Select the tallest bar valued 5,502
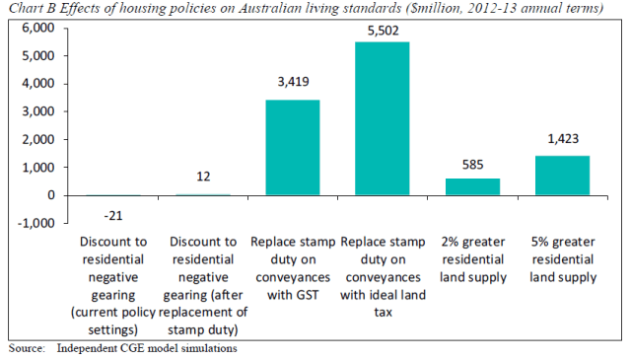(383, 118)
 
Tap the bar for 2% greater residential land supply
(472, 186)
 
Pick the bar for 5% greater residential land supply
(561, 175)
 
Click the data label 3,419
(294, 91)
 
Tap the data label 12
(203, 177)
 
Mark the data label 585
(472, 168)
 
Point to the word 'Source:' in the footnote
(27, 348)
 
